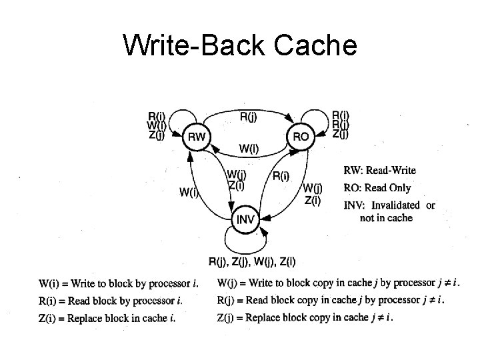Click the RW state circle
tap(196, 137)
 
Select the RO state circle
tap(301, 137)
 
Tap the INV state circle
tap(245, 219)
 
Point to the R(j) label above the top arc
tap(248, 117)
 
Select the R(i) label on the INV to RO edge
tap(281, 176)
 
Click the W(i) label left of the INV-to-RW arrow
tap(189, 193)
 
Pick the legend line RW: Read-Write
tap(379, 171)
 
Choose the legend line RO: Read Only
tap(377, 189)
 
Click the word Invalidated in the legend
tap(395, 205)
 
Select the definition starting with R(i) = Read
tap(111, 301)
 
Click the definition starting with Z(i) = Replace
tap(107, 317)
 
